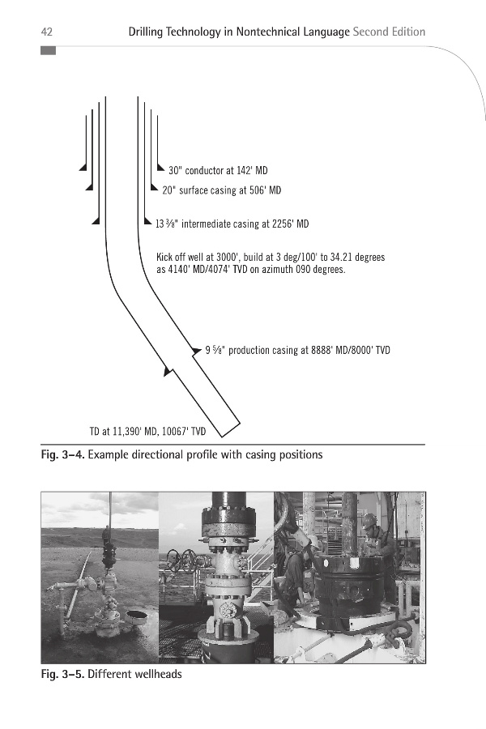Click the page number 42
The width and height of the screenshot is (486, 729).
pyautogui.click(x=47, y=32)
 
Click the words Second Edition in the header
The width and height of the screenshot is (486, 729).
pyautogui.click(x=389, y=32)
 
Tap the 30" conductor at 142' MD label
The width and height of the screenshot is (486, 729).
pyautogui.click(x=218, y=171)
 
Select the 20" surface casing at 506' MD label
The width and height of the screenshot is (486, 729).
pyautogui.click(x=221, y=190)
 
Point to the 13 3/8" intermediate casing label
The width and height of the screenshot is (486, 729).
pyautogui.click(x=232, y=224)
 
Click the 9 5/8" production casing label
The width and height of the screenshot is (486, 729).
pyautogui.click(x=297, y=350)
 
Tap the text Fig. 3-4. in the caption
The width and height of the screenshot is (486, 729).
pyautogui.click(x=63, y=454)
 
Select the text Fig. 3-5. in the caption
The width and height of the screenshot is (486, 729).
pyautogui.click(x=63, y=674)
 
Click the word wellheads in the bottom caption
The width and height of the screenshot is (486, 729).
pyautogui.click(x=158, y=674)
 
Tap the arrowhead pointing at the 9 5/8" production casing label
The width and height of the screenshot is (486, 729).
pyautogui.click(x=197, y=351)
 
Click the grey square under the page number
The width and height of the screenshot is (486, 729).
pyautogui.click(x=48, y=51)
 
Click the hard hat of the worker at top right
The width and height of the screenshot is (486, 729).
pyautogui.click(x=369, y=518)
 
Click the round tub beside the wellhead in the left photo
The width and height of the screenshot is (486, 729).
pyautogui.click(x=135, y=616)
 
